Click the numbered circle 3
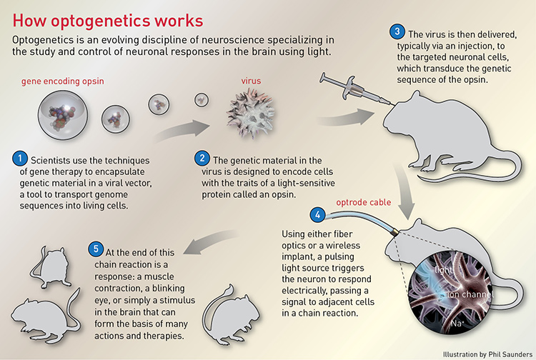click(397, 32)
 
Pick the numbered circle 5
click(96, 251)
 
